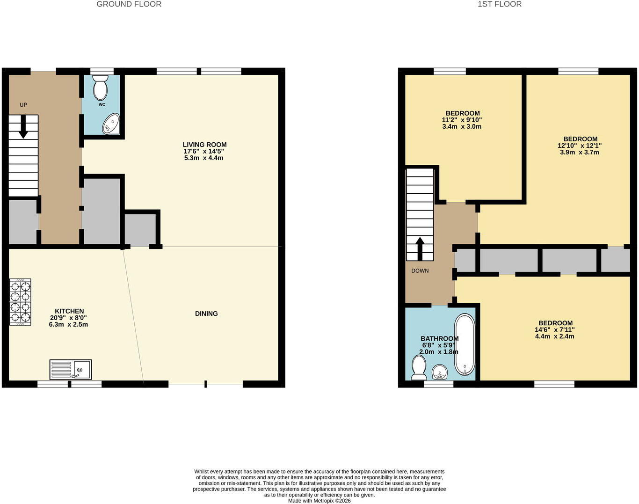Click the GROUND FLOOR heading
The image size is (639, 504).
tap(129, 4)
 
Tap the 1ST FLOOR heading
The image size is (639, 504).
tap(500, 4)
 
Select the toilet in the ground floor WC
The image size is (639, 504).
tap(100, 88)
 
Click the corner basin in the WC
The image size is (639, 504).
tap(111, 124)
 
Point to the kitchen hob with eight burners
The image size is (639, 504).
tap(20, 302)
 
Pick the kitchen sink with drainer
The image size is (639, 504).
tap(71, 369)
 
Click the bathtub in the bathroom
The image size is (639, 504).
tap(465, 345)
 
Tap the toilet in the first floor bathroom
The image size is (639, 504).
tap(419, 368)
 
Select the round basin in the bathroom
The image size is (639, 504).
tap(439, 372)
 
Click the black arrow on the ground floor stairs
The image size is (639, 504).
tap(23, 127)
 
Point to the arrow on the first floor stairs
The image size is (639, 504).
tap(420, 248)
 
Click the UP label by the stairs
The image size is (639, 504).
tap(23, 105)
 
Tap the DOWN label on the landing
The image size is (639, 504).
tap(420, 271)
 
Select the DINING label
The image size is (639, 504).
tap(206, 314)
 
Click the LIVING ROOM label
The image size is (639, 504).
tap(204, 145)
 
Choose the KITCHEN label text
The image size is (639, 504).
tap(69, 311)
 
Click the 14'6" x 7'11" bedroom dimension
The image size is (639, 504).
tap(555, 329)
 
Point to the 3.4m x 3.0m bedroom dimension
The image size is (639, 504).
tap(462, 126)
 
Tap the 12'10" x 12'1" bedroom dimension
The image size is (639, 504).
tap(580, 146)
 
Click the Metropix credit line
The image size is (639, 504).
tap(319, 501)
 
